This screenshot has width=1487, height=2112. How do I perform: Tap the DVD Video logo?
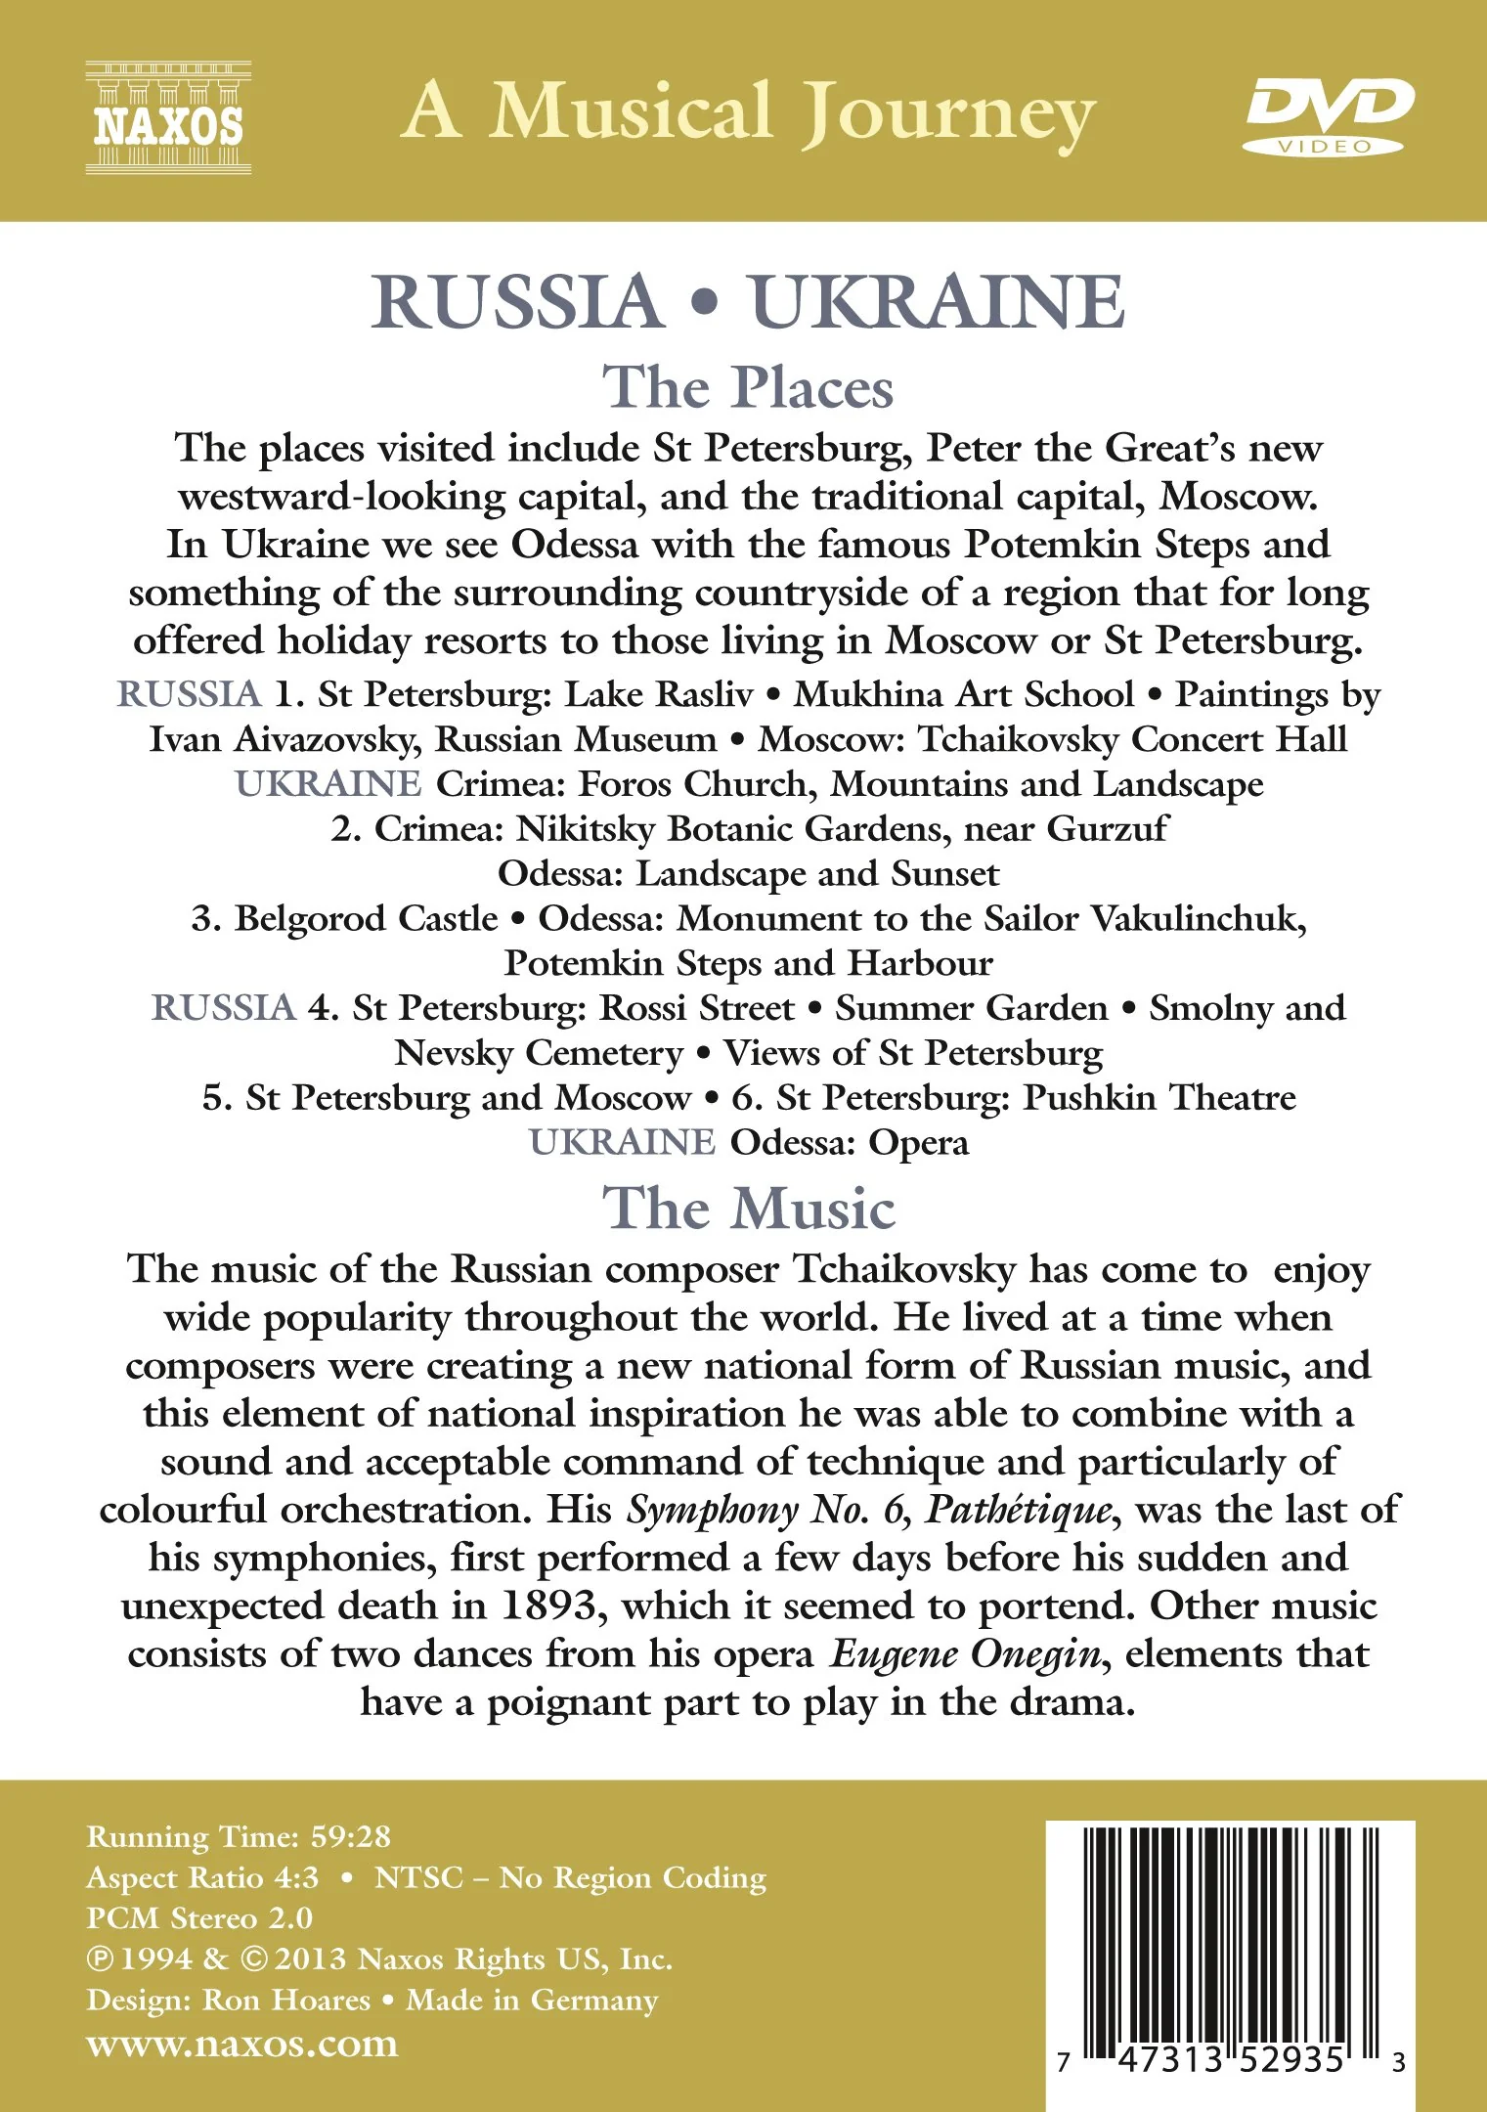(1329, 116)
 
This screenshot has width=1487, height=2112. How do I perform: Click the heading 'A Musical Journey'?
(748, 113)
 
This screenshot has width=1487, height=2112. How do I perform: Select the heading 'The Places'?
(748, 388)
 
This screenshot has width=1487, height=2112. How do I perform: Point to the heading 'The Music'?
(748, 1209)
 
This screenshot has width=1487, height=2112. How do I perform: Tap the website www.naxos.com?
(242, 2044)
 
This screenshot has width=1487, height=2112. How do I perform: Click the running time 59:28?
(351, 1836)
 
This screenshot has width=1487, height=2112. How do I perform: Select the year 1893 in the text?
(548, 1606)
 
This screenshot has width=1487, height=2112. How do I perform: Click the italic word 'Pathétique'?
(1018, 1510)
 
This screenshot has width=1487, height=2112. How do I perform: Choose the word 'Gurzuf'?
(1107, 829)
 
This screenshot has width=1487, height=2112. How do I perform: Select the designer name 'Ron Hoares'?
(286, 2000)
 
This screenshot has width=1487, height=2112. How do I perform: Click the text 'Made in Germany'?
(532, 2000)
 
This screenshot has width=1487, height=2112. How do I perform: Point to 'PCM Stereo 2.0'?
(199, 1917)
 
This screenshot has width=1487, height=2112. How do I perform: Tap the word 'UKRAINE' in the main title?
(938, 302)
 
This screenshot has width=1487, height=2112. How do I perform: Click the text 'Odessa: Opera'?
(850, 1142)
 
